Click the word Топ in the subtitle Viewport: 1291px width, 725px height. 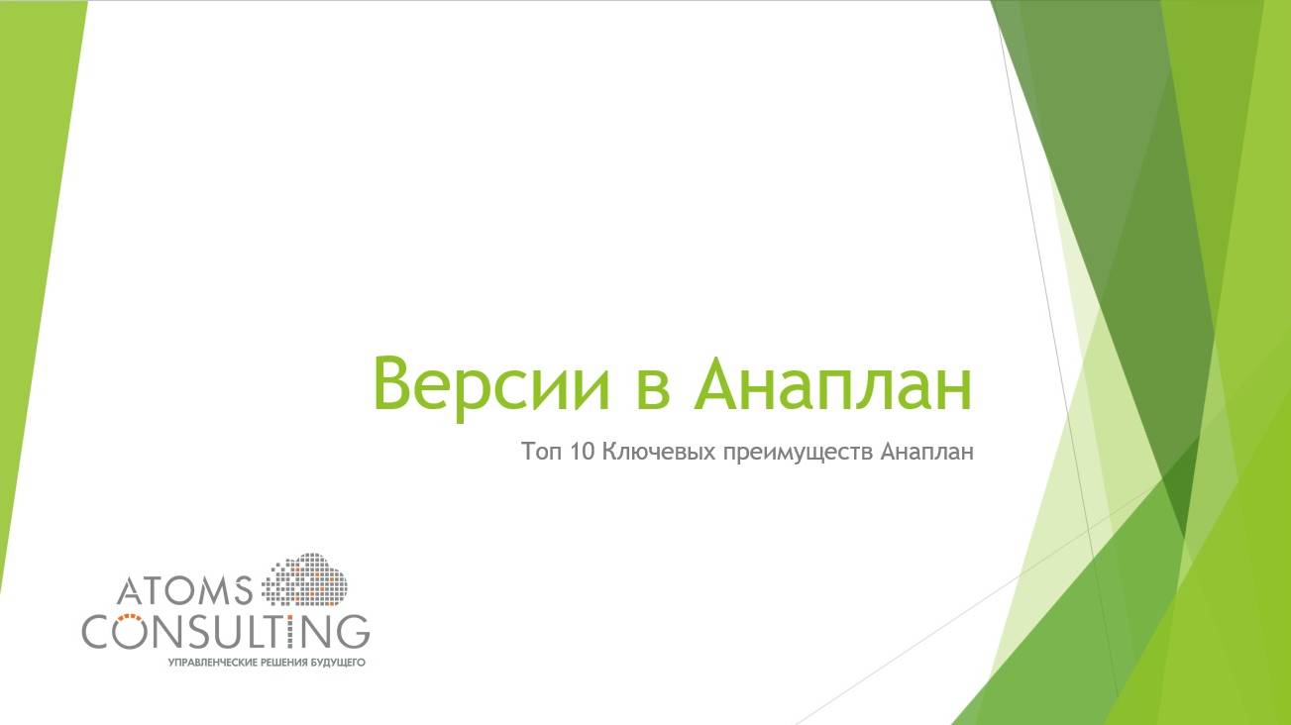(541, 453)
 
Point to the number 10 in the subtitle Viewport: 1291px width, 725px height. (583, 453)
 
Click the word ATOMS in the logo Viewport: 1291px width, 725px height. (185, 591)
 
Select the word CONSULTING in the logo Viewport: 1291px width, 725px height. (226, 631)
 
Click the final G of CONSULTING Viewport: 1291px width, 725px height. (352, 631)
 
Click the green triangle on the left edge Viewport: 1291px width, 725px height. (35, 198)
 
